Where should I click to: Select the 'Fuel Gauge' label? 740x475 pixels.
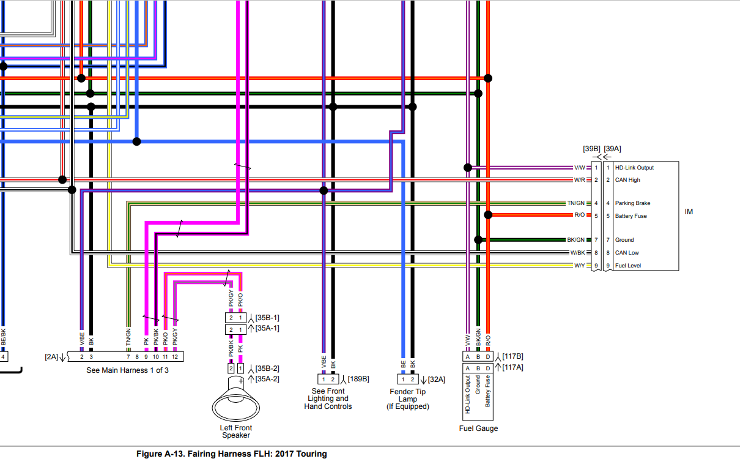[478, 428]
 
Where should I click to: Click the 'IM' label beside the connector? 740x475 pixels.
[689, 212]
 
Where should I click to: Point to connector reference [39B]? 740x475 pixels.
[591, 149]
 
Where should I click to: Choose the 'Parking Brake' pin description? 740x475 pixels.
[633, 203]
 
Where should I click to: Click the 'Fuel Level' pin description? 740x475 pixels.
[628, 266]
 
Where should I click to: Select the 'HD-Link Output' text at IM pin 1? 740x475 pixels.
[634, 168]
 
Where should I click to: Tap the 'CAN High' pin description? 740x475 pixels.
[627, 180]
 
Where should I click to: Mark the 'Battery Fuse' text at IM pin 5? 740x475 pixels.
[631, 216]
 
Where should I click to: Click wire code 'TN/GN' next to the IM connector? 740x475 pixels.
[575, 203]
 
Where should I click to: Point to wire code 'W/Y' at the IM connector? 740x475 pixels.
[579, 266]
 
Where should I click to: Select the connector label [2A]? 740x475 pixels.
[52, 356]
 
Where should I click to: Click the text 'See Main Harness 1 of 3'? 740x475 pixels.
[127, 370]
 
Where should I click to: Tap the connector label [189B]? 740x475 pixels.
[358, 379]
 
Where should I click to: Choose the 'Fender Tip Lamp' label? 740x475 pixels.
[407, 395]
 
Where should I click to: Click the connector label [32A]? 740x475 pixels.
[436, 380]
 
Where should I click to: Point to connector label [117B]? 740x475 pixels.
[512, 356]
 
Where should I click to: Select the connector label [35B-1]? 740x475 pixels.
[267, 318]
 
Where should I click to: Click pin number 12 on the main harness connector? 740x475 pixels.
[175, 356]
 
